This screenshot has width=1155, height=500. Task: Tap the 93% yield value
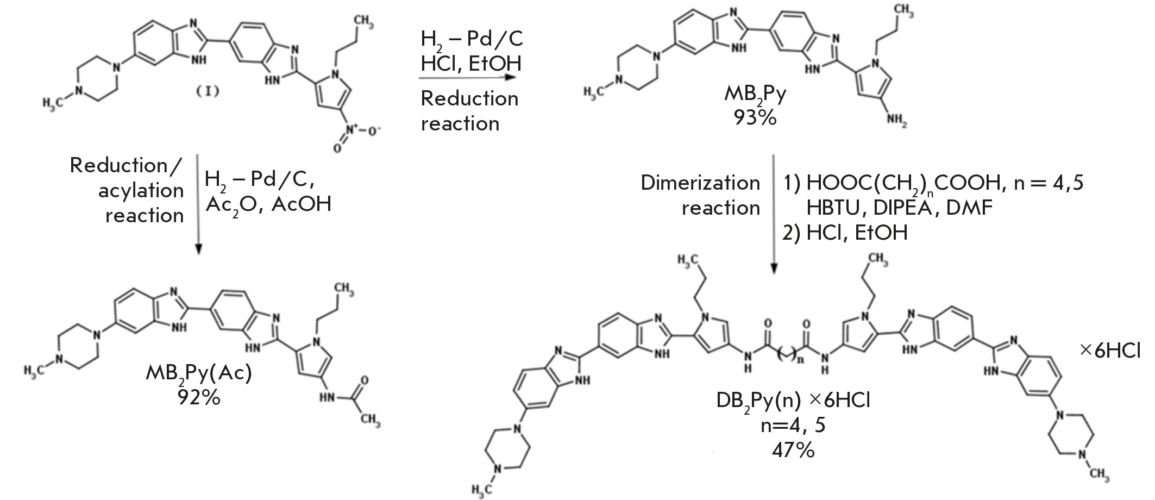[x=755, y=117]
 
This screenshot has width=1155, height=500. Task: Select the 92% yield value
[x=199, y=398]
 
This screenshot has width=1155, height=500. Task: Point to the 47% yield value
[x=793, y=450]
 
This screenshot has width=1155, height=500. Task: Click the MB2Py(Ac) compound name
[x=198, y=374]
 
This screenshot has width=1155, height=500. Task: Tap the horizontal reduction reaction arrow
[x=466, y=78]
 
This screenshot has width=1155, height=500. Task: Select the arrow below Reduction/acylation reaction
[x=198, y=204]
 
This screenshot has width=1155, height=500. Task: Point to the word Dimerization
[x=700, y=183]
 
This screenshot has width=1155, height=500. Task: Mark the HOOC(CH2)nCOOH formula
[x=903, y=184]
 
